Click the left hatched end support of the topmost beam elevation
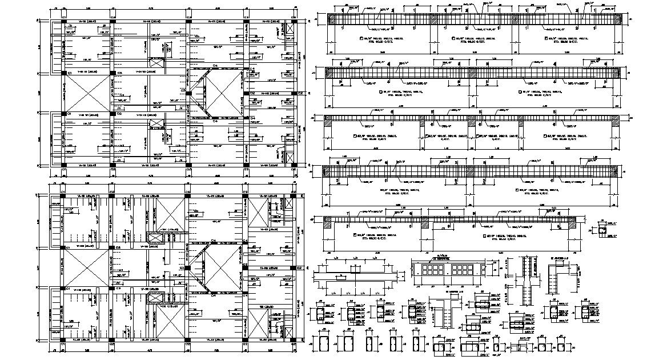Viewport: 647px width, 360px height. point(330,18)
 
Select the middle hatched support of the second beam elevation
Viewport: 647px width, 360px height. point(473,73)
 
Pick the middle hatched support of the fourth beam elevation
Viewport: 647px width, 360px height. point(473,171)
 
